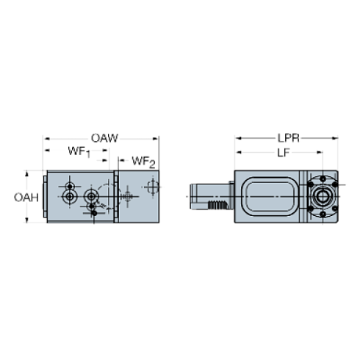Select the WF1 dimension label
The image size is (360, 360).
78,152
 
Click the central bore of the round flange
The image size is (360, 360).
321,195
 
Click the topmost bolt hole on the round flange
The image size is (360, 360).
321,178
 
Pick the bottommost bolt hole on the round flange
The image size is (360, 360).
321,214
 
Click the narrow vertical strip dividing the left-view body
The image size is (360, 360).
116,197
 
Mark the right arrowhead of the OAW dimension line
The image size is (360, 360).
157,138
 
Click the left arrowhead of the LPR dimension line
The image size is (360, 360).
237,138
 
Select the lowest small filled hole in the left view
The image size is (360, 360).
93,213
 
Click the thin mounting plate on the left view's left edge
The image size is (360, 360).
45,197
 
